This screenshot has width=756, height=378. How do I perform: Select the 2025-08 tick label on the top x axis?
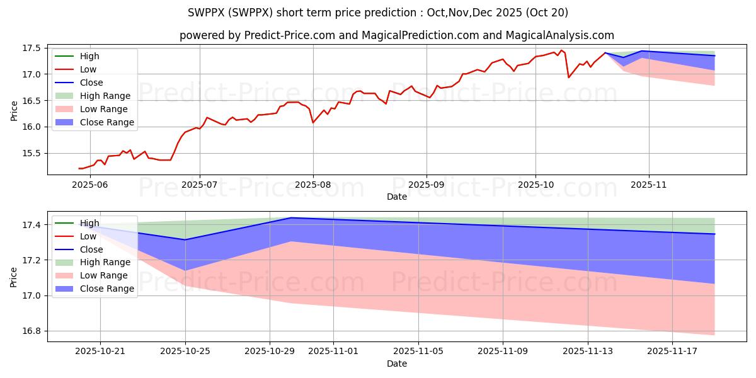313,184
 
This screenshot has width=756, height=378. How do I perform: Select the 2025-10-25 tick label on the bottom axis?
185,352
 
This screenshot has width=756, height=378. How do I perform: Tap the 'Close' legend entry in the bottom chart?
91,249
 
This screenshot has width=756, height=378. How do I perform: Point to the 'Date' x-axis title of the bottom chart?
397,364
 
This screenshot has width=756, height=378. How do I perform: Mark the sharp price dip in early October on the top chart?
569,77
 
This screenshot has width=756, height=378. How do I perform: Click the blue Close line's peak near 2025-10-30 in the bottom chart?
291,218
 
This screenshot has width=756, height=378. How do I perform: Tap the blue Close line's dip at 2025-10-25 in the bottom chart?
185,239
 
